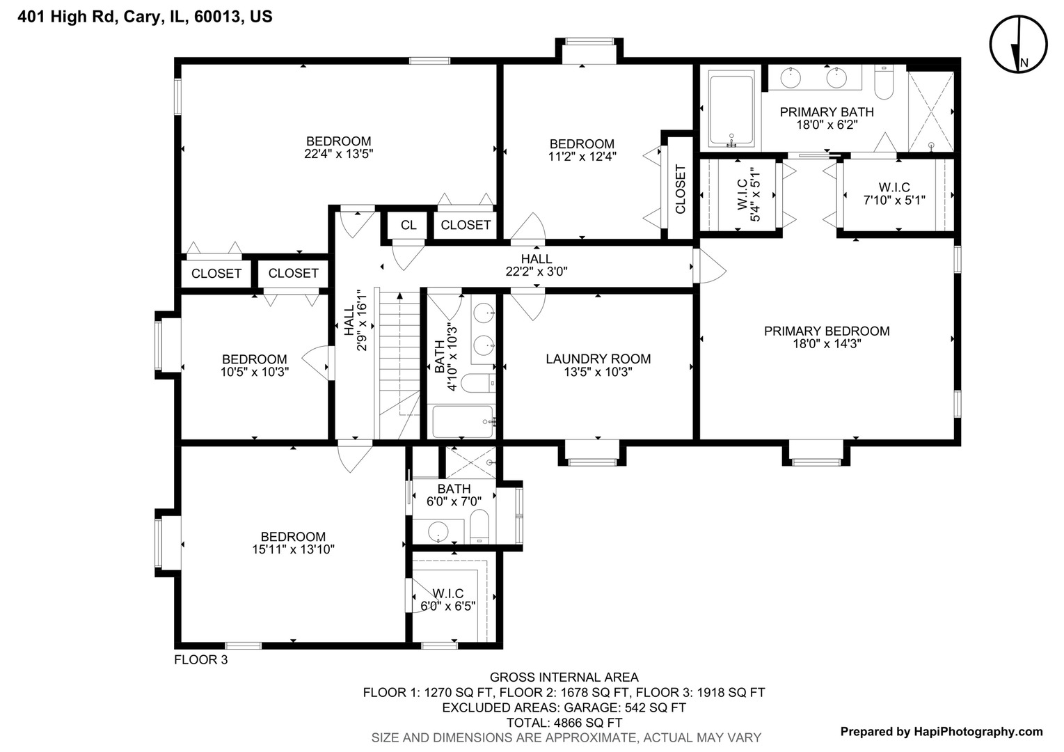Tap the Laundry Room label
click(x=598, y=359)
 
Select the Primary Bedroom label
click(x=827, y=331)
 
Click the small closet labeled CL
click(x=408, y=225)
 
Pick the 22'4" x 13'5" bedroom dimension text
click(x=339, y=154)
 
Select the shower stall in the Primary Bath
click(x=931, y=111)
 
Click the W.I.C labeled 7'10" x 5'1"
click(x=894, y=194)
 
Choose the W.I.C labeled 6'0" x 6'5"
click(x=448, y=600)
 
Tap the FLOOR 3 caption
click(x=200, y=660)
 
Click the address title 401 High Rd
click(x=145, y=17)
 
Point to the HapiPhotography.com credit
click(x=942, y=731)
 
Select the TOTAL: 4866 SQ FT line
click(x=564, y=723)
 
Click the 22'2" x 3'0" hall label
click(x=537, y=272)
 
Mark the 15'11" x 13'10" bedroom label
click(x=293, y=543)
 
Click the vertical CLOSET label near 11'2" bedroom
click(x=681, y=189)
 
